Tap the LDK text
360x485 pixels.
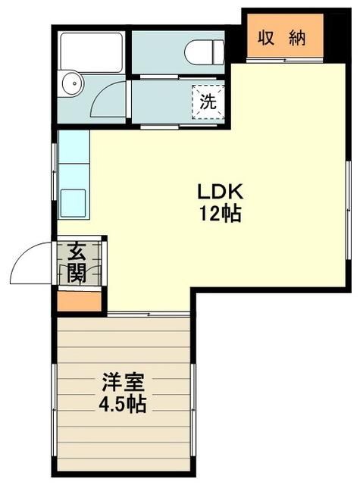220,190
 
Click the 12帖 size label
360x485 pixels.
220,214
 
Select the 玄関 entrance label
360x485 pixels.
76,262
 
